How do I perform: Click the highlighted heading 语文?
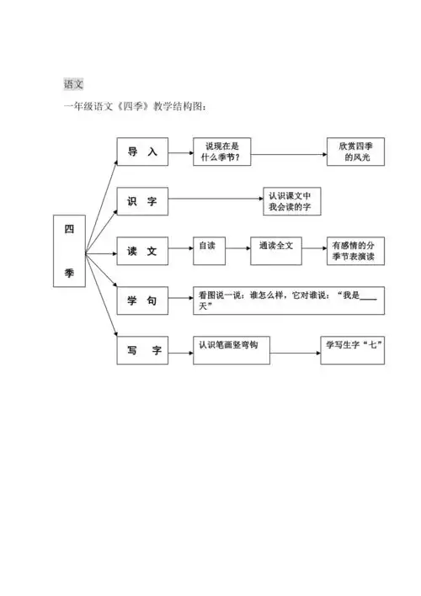click(73, 84)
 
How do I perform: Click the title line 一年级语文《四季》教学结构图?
click(135, 107)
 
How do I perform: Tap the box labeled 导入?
click(142, 153)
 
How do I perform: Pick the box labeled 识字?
click(142, 202)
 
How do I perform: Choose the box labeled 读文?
click(142, 251)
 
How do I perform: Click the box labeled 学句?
click(142, 301)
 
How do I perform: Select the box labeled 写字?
click(142, 349)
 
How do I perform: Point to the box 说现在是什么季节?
click(222, 152)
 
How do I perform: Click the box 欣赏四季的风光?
click(355, 152)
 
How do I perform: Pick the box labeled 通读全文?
click(274, 250)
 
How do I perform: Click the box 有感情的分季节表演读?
click(355, 251)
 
